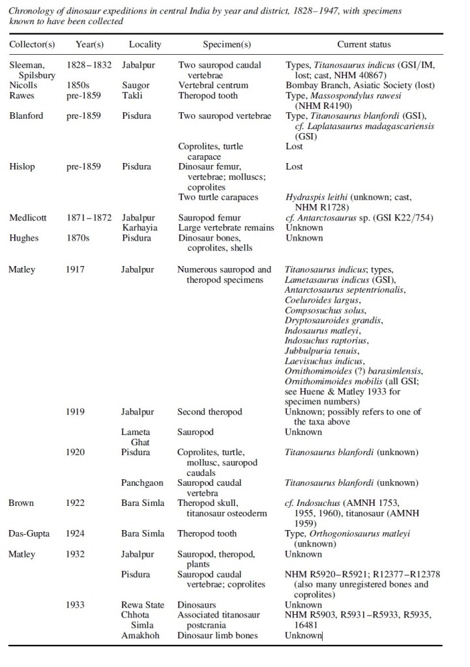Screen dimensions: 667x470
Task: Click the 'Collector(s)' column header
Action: [32, 44]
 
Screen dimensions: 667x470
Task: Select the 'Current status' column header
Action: [364, 44]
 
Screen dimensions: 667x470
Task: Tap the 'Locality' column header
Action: [145, 44]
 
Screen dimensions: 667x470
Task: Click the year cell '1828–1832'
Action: [89, 65]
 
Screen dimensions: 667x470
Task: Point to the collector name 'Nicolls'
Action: [23, 85]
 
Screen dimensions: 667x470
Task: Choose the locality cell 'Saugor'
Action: [136, 85]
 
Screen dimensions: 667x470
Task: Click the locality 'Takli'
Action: [132, 95]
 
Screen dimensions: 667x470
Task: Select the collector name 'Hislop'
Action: [22, 167]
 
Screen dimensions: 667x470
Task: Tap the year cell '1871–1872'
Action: [89, 218]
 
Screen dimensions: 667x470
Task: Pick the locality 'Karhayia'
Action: [140, 228]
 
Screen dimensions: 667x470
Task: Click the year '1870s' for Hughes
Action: [78, 238]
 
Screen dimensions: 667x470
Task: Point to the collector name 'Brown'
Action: [21, 503]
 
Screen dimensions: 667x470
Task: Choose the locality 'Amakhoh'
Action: [141, 635]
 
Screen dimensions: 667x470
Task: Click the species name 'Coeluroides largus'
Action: [323, 299]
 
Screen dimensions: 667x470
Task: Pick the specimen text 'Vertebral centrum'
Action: [213, 85]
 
